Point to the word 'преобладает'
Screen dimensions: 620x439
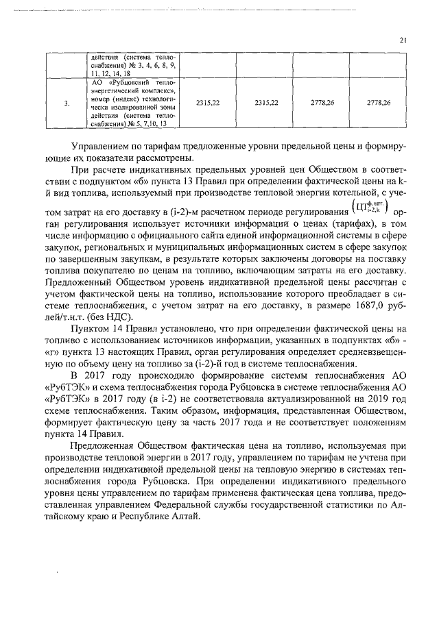coord(358,297)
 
